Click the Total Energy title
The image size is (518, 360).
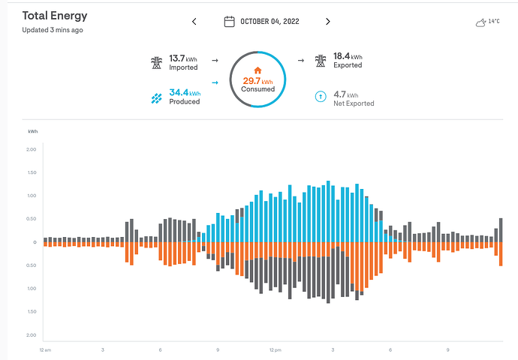tap(55, 15)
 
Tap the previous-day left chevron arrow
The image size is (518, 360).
tap(194, 22)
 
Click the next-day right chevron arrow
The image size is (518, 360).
tap(327, 22)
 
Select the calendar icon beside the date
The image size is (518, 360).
tap(230, 21)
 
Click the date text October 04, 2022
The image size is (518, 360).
tap(270, 22)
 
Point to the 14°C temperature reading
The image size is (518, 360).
tap(494, 21)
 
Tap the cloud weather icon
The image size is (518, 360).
tap(480, 22)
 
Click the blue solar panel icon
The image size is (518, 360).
tap(156, 97)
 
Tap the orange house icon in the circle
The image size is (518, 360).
tap(257, 70)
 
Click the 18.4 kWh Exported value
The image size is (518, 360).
tap(347, 57)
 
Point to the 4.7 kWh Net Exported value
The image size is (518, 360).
tap(345, 95)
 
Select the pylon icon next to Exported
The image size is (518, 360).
tap(320, 61)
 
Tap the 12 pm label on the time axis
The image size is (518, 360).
tap(275, 349)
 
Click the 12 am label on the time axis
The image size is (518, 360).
tap(45, 349)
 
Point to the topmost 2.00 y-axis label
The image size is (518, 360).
tap(31, 149)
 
